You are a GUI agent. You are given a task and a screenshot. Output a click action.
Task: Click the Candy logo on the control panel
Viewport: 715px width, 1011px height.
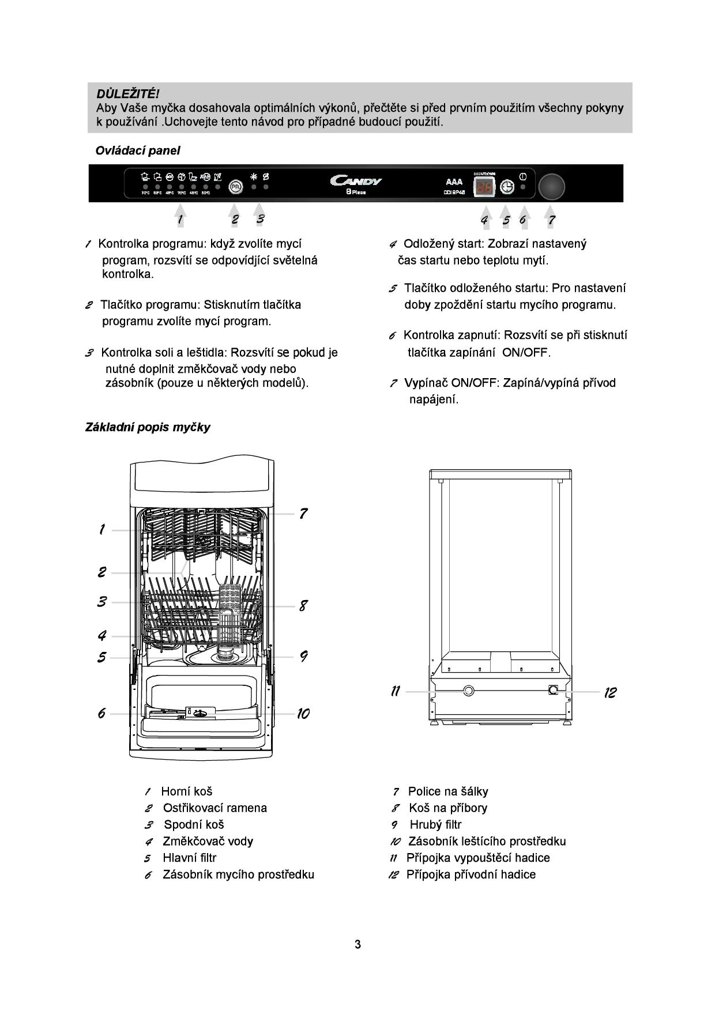356,181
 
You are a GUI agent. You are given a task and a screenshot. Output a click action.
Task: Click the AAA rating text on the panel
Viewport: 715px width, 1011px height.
454,182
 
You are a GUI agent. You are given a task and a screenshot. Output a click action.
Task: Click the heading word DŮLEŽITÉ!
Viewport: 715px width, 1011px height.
127,93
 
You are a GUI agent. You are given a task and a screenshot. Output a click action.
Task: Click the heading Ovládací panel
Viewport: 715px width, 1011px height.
138,150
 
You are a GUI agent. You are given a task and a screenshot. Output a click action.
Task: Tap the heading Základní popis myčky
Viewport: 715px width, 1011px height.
148,427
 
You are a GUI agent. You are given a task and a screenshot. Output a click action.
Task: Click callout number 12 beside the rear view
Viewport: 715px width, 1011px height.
610,692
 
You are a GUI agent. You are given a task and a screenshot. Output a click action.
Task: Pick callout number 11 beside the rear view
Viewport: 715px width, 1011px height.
396,691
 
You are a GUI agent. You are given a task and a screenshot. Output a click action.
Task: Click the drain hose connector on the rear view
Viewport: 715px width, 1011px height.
468,690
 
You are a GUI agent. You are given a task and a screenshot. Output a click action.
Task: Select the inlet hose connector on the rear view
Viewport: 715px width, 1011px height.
554,690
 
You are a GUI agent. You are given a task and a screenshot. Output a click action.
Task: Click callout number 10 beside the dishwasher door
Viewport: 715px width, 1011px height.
303,714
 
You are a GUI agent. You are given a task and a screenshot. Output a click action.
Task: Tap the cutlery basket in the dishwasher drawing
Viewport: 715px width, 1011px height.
232,611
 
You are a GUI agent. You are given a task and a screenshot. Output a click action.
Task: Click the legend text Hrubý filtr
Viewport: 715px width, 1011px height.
435,825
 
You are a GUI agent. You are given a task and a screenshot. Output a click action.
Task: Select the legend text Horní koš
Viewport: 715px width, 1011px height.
186,791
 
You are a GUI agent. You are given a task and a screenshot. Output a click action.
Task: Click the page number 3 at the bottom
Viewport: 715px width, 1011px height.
357,944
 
